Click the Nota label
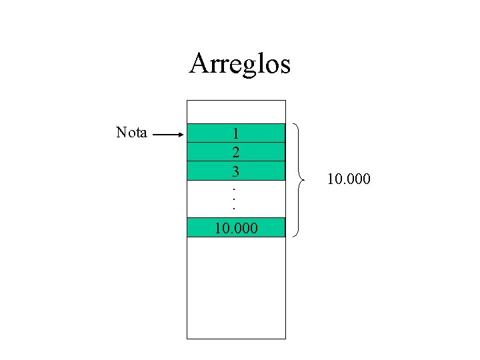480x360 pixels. click(131, 132)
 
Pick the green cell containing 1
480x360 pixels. click(235, 133)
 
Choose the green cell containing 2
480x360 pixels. click(235, 151)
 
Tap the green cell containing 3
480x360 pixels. click(235, 171)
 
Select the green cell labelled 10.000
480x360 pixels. click(235, 227)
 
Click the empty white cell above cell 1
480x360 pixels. click(235, 111)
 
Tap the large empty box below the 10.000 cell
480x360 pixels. click(235, 287)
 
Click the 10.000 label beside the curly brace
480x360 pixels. click(349, 180)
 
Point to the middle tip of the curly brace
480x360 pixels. click(302, 180)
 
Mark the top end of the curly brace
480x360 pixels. click(294, 124)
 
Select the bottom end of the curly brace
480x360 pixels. click(294, 235)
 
